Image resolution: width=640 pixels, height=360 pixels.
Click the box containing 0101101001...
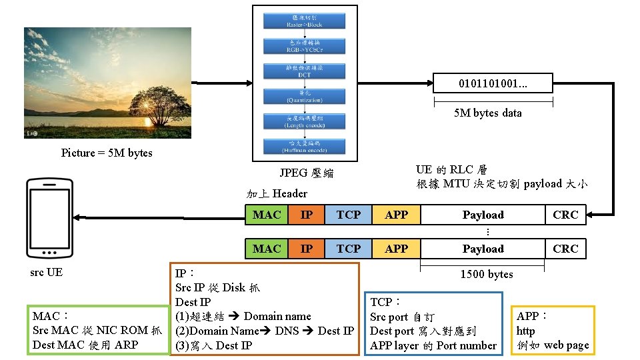click(x=493, y=83)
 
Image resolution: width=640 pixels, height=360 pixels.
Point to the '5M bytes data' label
click(x=487, y=113)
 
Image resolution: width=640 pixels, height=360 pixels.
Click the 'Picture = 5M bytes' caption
click(x=107, y=153)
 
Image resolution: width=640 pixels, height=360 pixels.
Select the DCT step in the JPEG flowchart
click(x=305, y=71)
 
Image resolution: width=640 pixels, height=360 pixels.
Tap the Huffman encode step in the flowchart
click(x=305, y=147)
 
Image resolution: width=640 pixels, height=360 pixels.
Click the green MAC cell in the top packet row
click(x=267, y=215)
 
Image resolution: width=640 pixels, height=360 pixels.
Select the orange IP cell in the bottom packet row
click(x=307, y=249)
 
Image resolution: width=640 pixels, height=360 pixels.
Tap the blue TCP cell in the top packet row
click(x=348, y=215)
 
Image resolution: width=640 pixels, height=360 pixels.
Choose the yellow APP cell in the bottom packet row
click(x=396, y=249)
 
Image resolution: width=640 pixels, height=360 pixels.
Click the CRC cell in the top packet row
click(x=565, y=215)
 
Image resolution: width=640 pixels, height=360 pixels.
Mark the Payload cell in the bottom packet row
click(x=483, y=249)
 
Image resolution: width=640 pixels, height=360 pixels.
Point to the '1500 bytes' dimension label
click(x=487, y=274)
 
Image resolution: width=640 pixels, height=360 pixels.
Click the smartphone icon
click(x=49, y=219)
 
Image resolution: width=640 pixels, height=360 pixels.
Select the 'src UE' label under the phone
click(x=46, y=272)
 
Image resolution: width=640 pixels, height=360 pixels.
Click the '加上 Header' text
click(x=277, y=193)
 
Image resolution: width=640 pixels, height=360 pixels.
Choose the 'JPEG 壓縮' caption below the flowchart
click(x=306, y=173)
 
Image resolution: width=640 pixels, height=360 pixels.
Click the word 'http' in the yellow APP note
click(x=525, y=331)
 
